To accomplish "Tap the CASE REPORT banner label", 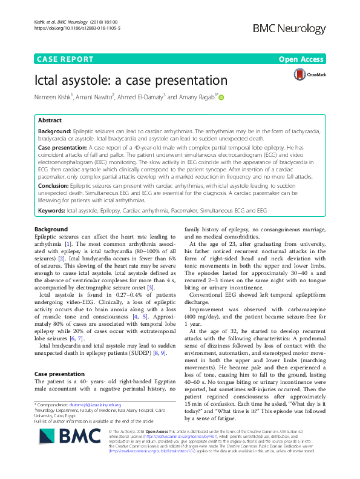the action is [65, 59].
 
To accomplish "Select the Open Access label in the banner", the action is [302, 59].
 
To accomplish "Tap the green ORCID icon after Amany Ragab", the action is [221, 97].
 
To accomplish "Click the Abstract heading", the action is [50, 121].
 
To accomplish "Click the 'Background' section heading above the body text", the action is [51, 230].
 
